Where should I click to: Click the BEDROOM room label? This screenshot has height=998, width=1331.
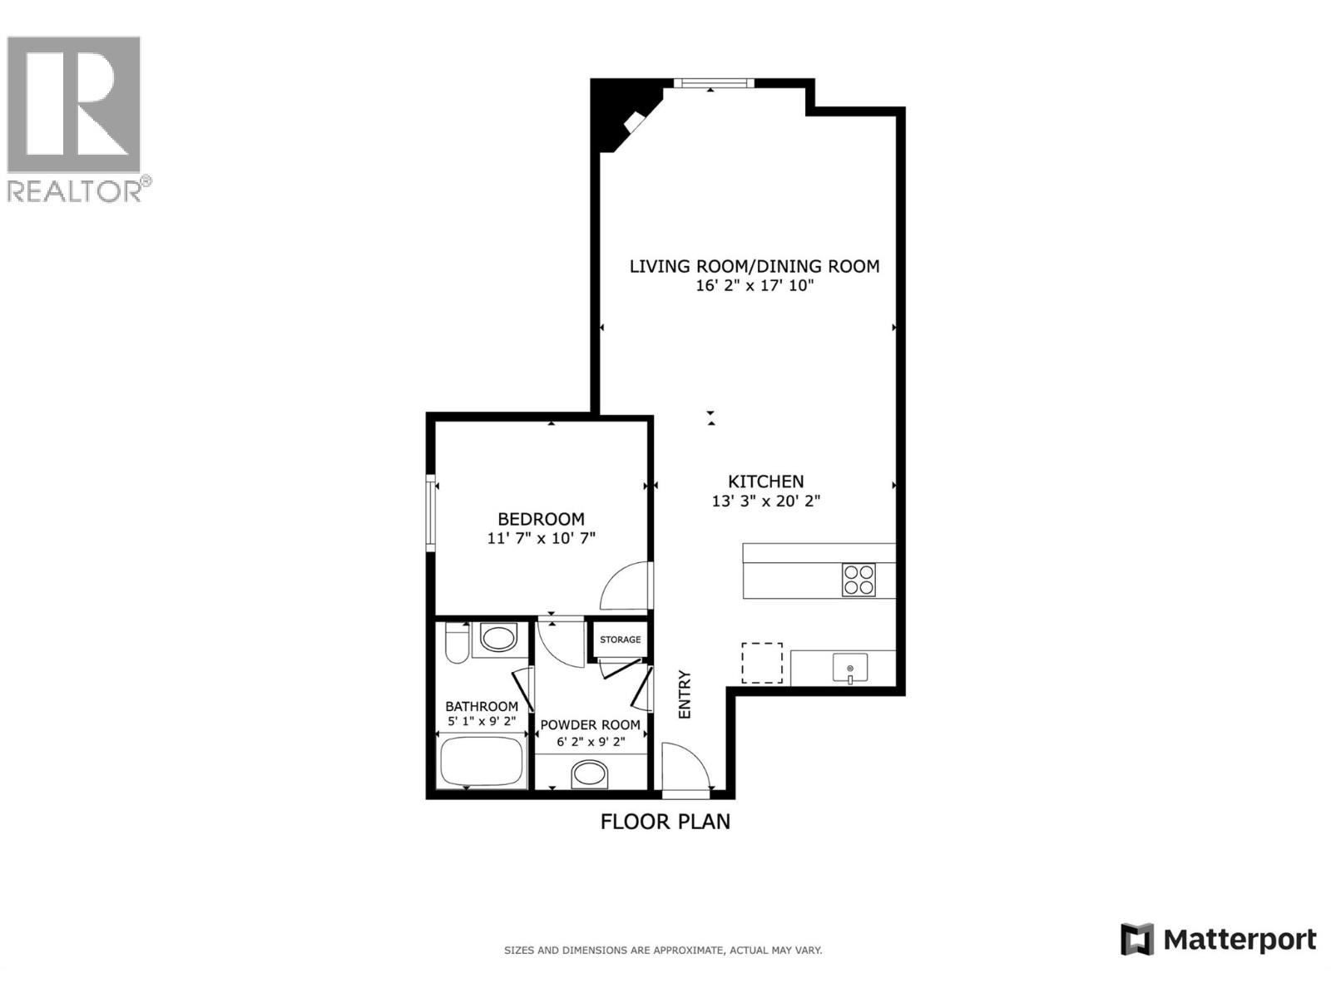[541, 519]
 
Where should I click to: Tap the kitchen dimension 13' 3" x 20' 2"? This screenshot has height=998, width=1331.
[765, 501]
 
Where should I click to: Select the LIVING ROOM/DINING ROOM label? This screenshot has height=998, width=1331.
[754, 266]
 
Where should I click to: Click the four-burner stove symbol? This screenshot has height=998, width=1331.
[858, 580]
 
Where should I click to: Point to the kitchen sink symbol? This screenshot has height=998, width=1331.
[849, 668]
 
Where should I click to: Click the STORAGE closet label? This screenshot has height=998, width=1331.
[621, 640]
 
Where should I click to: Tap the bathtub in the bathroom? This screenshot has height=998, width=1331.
[481, 761]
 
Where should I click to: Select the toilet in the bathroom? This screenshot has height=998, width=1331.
[456, 642]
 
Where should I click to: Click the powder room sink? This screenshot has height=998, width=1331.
[590, 774]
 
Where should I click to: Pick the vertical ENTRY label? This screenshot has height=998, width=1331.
[685, 694]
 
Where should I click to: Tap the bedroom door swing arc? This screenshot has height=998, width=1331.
[624, 586]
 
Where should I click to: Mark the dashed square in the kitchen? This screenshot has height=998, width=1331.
[762, 663]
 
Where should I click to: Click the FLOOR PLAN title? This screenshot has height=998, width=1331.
[665, 822]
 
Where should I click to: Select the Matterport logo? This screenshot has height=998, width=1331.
[1219, 940]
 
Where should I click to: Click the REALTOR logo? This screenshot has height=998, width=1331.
[75, 116]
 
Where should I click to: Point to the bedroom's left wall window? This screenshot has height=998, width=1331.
[431, 512]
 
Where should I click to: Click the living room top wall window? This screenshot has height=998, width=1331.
[714, 82]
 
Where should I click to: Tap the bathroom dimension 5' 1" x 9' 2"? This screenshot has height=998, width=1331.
[482, 721]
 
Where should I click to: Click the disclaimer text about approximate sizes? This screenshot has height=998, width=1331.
[663, 950]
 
